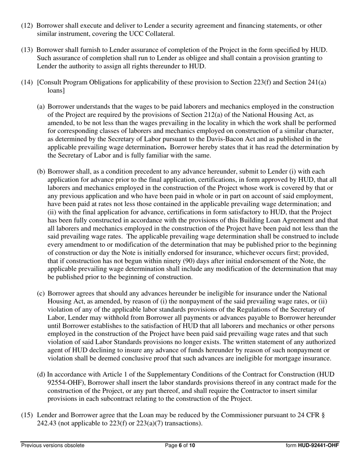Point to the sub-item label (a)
41,107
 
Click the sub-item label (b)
41,172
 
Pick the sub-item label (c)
41,293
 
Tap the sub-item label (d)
41,375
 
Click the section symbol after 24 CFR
323,415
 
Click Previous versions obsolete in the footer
53,446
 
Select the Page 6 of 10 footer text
180,446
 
